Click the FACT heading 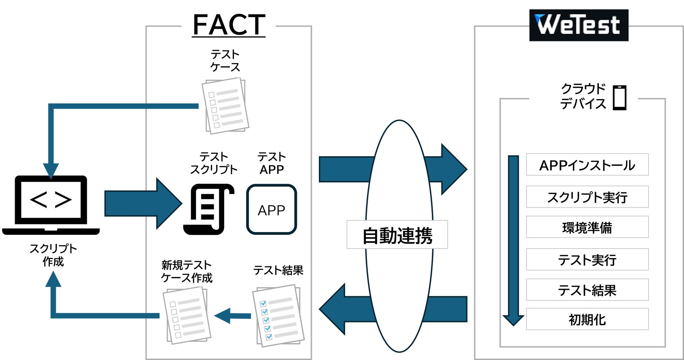tap(229, 25)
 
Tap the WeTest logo tap(578, 25)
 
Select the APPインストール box tap(587, 165)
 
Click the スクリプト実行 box tap(587, 197)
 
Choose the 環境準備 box tap(587, 227)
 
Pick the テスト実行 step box tap(587, 260)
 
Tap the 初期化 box tap(587, 319)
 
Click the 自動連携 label tap(397, 235)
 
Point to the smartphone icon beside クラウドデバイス tap(619, 97)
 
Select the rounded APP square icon tap(271, 209)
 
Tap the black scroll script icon tap(209, 209)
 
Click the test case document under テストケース tap(226, 106)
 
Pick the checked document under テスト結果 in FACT tap(278, 316)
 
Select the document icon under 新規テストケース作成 tap(187, 315)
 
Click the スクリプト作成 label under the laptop tap(53, 255)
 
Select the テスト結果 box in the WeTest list tap(587, 290)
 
